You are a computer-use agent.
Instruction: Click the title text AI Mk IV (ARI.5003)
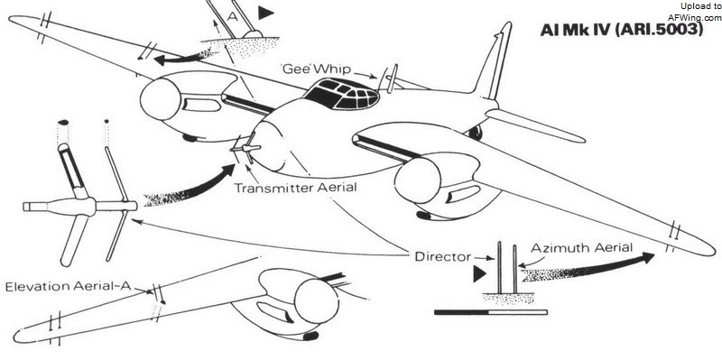tap(622, 30)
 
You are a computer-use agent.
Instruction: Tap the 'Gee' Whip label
tap(317, 69)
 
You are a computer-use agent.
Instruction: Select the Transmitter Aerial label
tap(295, 188)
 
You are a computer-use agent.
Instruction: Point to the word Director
tap(442, 256)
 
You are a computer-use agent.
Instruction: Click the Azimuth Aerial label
tap(581, 248)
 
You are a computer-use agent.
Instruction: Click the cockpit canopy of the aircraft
tap(341, 95)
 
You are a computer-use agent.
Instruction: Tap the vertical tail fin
tap(494, 62)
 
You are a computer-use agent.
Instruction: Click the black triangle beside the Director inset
tap(479, 274)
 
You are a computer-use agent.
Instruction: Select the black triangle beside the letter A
tap(265, 13)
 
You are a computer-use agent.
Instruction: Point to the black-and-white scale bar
tap(491, 312)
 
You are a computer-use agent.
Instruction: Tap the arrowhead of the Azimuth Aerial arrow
tap(647, 258)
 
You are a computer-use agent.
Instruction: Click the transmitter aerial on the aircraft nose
tap(245, 149)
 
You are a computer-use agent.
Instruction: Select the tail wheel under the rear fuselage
tap(476, 133)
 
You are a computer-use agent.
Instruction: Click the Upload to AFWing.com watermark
tap(695, 12)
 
